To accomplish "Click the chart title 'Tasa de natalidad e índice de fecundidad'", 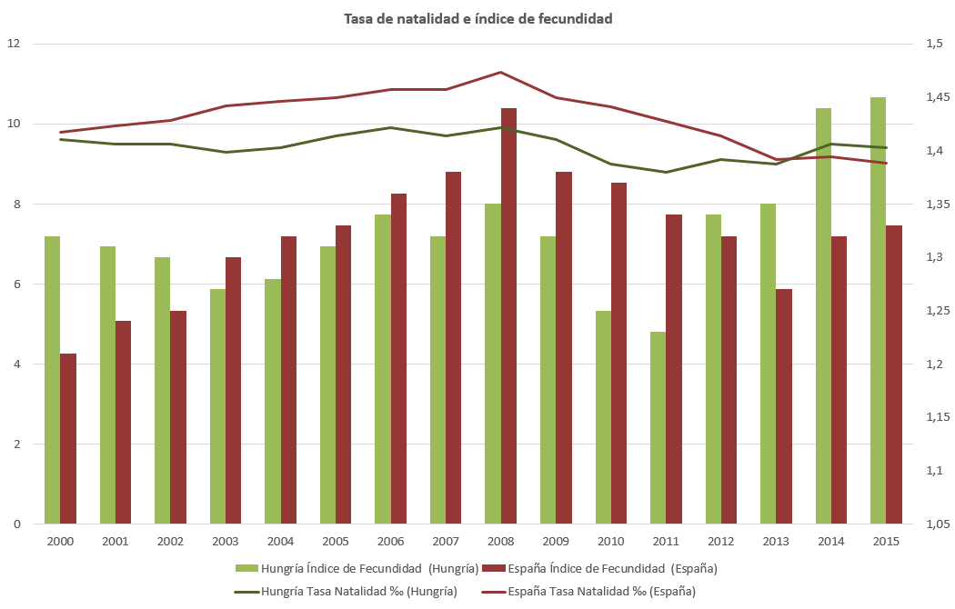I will pos(477,18).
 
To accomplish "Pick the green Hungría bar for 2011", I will pos(658,428).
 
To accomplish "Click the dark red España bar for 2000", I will pos(68,439).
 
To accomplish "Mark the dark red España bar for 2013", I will pos(784,406).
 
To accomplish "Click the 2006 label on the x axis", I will pos(390,542).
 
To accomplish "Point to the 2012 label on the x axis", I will pos(721,542).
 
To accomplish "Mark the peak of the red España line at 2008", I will pos(501,72).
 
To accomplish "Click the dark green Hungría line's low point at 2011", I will pos(666,172).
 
